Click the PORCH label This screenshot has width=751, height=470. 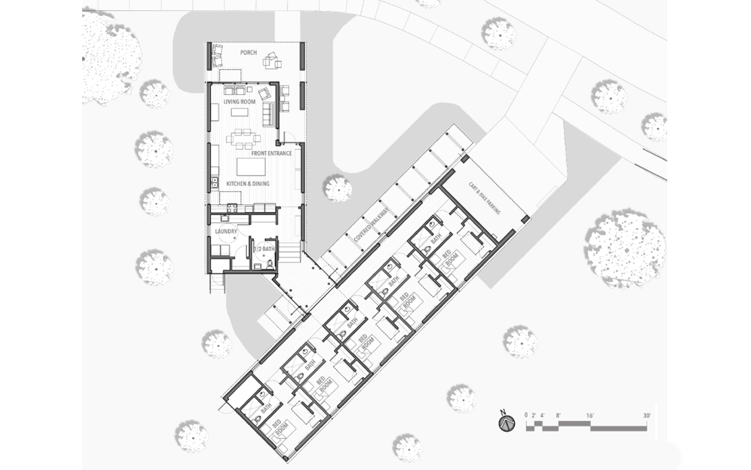click(248, 53)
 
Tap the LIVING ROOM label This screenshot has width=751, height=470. click(239, 102)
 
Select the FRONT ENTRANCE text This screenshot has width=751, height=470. click(271, 153)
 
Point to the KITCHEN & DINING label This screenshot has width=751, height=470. click(248, 184)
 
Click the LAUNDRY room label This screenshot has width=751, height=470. click(226, 231)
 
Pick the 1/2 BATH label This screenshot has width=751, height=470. click(264, 249)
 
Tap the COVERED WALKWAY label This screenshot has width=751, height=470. click(371, 225)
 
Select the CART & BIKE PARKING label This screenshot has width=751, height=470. click(484, 198)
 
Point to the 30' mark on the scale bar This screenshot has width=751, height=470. click(646, 416)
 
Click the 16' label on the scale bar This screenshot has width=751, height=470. click(590, 416)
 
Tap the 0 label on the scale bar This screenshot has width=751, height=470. click(526, 415)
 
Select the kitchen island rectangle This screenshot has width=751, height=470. click(251, 167)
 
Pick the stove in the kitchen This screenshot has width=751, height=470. click(232, 209)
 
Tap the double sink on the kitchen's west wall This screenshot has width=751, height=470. click(215, 182)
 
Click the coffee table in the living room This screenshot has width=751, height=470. click(239, 112)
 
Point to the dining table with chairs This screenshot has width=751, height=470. click(243, 139)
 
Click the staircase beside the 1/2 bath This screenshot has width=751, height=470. click(290, 252)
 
